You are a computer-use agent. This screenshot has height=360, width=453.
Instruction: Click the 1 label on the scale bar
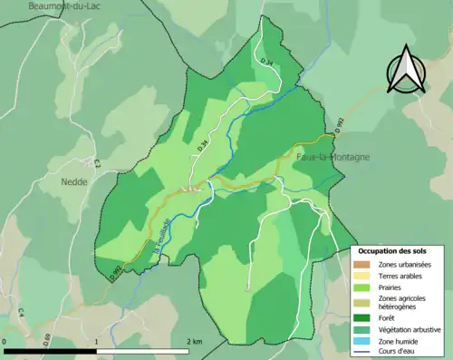(97, 341)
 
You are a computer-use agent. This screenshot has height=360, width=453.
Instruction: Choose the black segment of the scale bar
(51, 351)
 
